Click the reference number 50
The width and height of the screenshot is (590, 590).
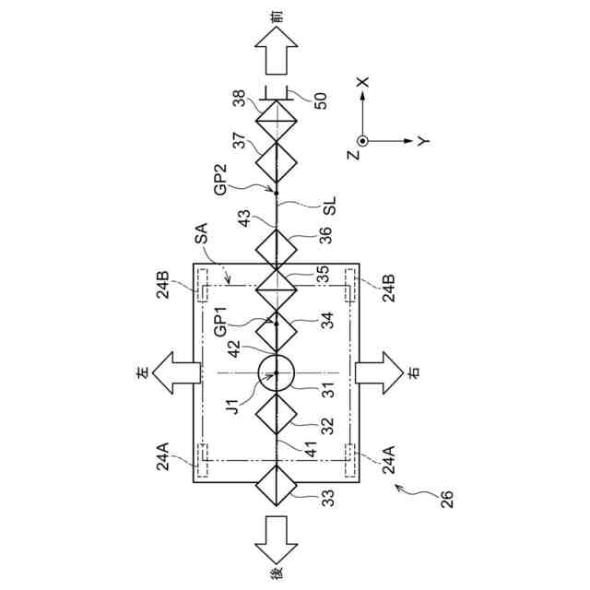[320, 100]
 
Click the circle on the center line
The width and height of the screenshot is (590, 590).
[276, 372]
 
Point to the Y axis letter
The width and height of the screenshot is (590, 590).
[421, 140]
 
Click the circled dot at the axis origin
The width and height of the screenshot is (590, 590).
[362, 140]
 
